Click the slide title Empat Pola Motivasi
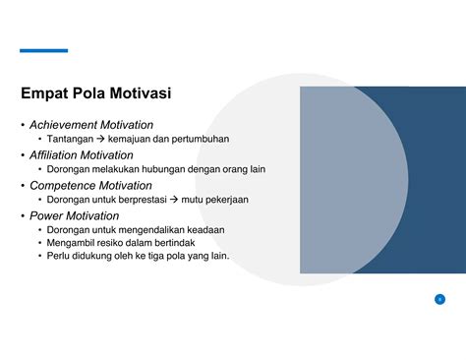[95, 94]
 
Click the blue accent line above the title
[44, 50]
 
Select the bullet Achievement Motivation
[91, 125]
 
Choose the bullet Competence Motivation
[90, 185]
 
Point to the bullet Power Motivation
[74, 215]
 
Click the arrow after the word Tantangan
[101, 140]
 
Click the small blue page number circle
[439, 299]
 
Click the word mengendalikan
[157, 229]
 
